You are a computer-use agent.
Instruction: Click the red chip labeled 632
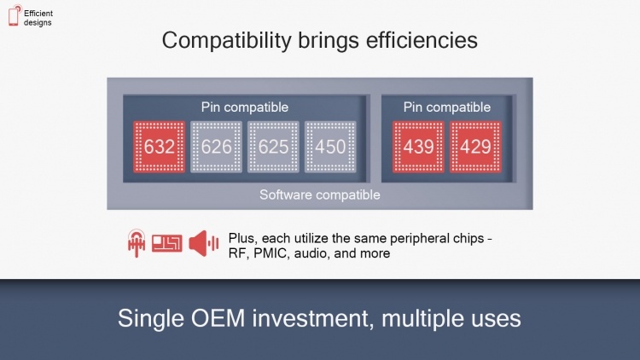click(160, 147)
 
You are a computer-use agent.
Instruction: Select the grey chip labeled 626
click(217, 147)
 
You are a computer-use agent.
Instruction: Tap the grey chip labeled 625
click(273, 147)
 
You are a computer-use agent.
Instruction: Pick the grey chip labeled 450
click(329, 147)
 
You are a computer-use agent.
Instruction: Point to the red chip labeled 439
click(418, 147)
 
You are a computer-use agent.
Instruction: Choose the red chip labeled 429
click(475, 147)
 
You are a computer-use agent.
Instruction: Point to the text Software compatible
click(319, 195)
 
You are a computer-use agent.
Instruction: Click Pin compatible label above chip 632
click(244, 107)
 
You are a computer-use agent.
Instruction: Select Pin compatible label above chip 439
click(447, 107)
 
